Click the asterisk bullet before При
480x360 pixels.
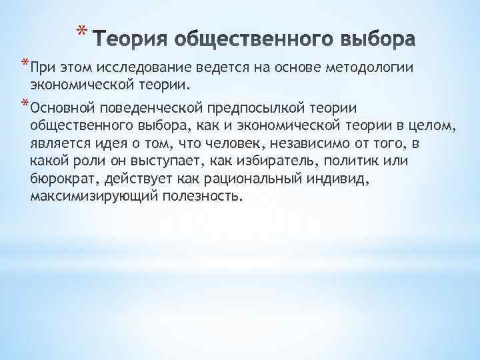pos(24,63)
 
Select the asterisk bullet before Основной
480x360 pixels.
pos(24,103)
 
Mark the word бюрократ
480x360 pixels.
pos(59,179)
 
